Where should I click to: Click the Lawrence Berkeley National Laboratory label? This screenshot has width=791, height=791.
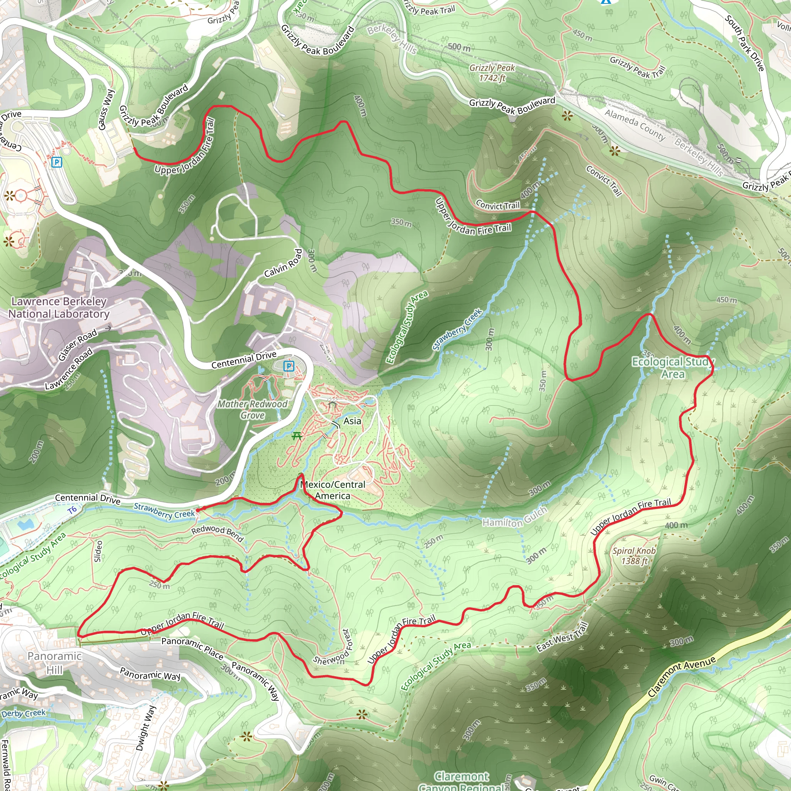click(59, 307)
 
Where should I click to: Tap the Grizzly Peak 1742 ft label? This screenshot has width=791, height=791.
click(492, 73)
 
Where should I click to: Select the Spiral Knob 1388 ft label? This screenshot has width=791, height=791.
click(634, 555)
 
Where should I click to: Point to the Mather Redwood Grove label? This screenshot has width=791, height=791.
click(252, 409)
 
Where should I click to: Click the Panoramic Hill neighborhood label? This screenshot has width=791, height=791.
click(54, 662)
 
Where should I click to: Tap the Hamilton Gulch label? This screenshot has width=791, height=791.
click(514, 518)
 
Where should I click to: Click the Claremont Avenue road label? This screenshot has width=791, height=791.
click(682, 676)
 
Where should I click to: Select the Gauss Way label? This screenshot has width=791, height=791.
click(105, 109)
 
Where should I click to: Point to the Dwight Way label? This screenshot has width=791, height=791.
click(146, 728)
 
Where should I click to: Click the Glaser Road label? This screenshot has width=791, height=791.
click(77, 344)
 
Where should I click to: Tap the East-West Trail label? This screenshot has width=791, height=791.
click(562, 637)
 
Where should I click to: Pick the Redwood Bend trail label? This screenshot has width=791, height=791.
click(217, 533)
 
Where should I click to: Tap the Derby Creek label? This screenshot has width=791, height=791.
click(23, 713)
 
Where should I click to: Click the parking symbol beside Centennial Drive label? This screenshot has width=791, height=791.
click(289, 366)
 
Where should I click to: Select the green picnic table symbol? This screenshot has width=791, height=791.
click(297, 436)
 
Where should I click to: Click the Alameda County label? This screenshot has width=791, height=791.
click(635, 125)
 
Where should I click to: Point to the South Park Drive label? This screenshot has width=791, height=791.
click(744, 43)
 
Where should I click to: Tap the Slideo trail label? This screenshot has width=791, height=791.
click(98, 551)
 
